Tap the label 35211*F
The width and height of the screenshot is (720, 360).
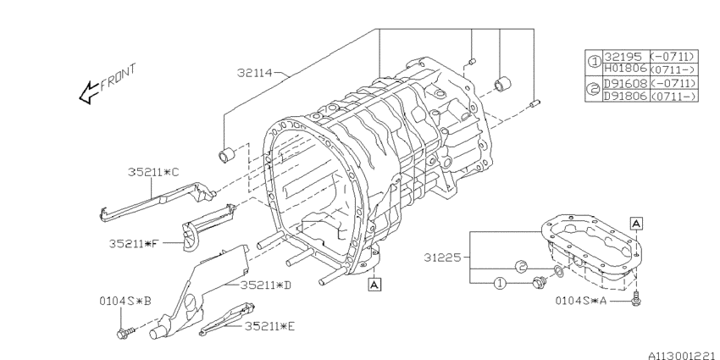pos(135,244)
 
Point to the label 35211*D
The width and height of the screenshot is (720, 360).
pos(265,285)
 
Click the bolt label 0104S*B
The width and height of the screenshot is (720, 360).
pos(125,300)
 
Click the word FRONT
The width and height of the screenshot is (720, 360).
pos(118,77)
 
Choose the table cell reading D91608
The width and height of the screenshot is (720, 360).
pos(624,84)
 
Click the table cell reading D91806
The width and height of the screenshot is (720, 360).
pos(624,97)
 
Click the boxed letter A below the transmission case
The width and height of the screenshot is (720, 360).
pos(374,285)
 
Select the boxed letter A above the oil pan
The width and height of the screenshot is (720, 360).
pos(635,222)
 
